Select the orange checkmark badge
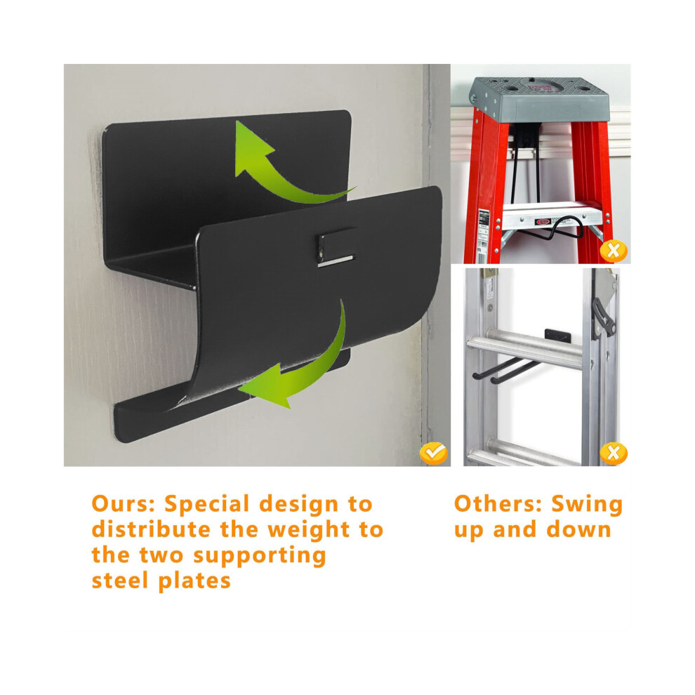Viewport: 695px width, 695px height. (x=433, y=453)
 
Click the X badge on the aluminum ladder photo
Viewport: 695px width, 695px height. (x=614, y=453)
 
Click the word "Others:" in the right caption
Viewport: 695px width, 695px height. (x=498, y=504)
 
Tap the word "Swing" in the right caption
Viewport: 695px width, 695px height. (x=587, y=504)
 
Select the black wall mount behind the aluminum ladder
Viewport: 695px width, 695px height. (x=561, y=331)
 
